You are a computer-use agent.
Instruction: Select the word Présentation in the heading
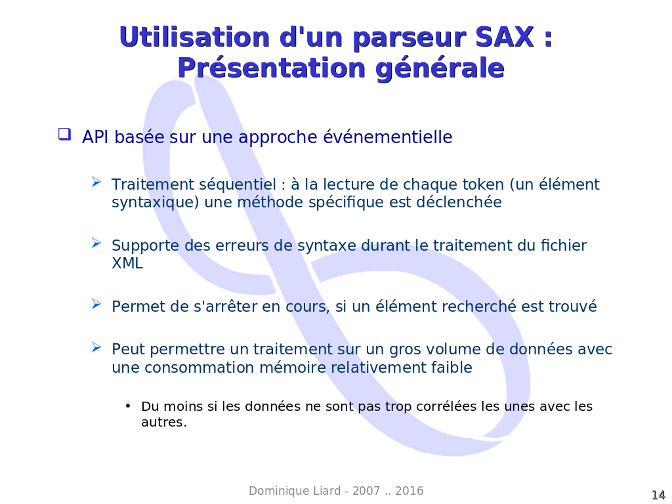(272, 68)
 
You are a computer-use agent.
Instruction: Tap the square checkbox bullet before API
(65, 134)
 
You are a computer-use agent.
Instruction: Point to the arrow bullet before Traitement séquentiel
(96, 182)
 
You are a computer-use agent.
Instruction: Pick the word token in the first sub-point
(483, 184)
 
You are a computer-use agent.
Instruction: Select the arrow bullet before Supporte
(96, 243)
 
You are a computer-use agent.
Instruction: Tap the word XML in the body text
(127, 263)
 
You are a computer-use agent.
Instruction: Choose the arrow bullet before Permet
(96, 304)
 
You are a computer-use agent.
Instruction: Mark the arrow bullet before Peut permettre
(96, 347)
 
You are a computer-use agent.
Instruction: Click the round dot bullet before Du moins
(128, 406)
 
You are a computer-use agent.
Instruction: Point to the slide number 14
(658, 495)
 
